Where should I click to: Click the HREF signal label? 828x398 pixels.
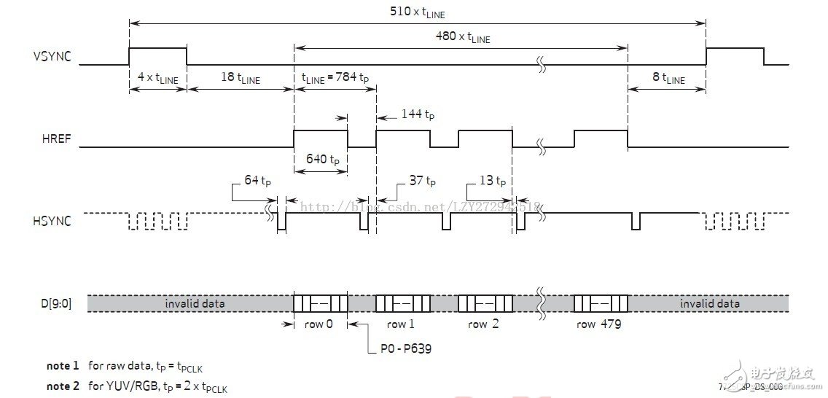point(58,138)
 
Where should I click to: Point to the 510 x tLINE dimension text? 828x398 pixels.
point(415,12)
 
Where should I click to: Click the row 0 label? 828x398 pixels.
point(319,324)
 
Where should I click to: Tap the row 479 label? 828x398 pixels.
point(598,324)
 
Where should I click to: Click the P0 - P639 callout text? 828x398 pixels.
point(406,348)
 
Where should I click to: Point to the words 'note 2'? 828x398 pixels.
point(63,386)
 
